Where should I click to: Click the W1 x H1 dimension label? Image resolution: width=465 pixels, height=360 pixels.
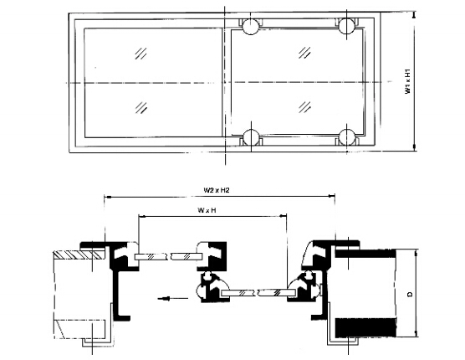coord(407,82)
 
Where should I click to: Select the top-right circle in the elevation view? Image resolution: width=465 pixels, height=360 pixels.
coord(345,26)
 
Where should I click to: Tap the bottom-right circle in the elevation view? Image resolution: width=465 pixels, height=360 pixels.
coord(345,138)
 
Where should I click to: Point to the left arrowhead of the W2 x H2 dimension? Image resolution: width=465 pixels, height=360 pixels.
coord(106,198)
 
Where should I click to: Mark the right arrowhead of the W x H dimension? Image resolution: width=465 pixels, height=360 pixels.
coord(287,216)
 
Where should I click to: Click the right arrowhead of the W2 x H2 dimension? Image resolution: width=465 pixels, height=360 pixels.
coord(334,198)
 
